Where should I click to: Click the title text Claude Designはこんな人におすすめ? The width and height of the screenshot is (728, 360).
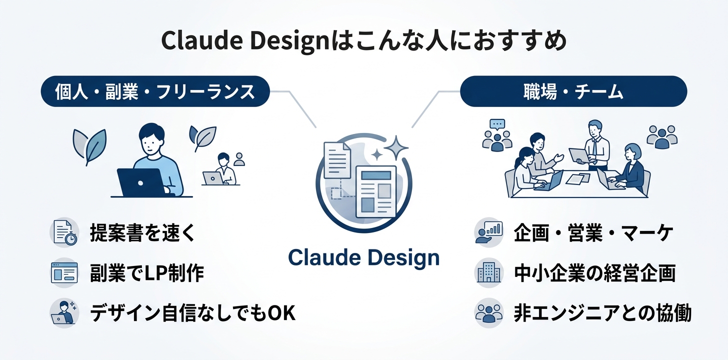tap(363, 41)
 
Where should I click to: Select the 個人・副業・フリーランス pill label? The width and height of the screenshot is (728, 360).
tap(155, 91)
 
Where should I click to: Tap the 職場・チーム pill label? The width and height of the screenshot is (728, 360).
tap(573, 91)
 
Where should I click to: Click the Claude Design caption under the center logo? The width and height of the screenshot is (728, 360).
tap(364, 257)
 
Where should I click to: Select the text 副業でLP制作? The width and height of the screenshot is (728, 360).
tap(147, 273)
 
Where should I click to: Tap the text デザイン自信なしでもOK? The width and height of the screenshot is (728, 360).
tap(192, 313)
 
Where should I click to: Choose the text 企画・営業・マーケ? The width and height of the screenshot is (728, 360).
tap(594, 233)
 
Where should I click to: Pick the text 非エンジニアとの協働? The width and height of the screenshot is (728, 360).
tap(602, 313)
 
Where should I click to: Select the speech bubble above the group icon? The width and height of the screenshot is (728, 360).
tap(497, 124)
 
